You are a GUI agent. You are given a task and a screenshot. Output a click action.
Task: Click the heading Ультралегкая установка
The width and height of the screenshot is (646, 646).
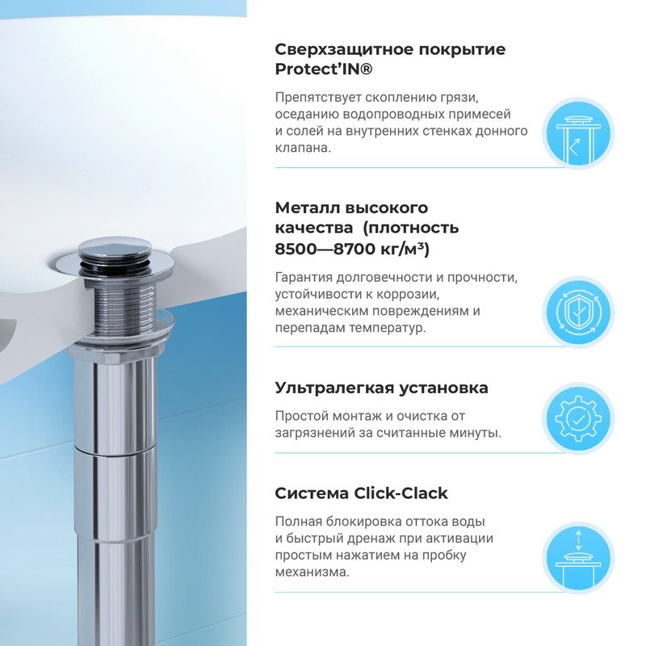tap(381, 388)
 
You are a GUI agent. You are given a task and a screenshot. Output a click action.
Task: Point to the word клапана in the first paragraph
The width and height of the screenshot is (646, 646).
tap(302, 148)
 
